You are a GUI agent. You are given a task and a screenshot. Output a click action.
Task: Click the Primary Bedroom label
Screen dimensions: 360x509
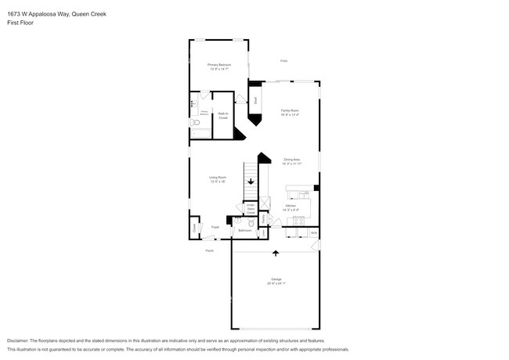tap(219, 65)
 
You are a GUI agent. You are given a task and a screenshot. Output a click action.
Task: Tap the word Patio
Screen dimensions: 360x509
tap(283, 60)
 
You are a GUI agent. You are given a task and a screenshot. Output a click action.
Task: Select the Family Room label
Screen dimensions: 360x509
tap(290, 111)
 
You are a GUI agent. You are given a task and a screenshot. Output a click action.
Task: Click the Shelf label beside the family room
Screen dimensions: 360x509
tap(256, 100)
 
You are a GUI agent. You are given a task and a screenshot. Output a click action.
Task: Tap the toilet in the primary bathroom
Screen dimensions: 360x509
tap(197, 122)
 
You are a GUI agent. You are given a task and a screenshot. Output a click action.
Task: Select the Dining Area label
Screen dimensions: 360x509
tap(291, 160)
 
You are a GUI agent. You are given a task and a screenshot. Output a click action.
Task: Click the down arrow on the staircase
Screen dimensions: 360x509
tap(251, 182)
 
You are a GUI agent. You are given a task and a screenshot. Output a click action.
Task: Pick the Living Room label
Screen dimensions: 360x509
tap(218, 178)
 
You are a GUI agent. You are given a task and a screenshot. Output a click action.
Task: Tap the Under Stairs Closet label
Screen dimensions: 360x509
tap(251, 208)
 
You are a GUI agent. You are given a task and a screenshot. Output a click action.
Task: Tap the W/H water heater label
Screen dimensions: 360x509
tap(313, 232)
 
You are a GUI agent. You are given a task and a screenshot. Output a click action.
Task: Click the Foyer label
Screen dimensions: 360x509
tap(215, 227)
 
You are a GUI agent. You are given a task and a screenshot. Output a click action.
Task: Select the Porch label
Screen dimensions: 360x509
tap(209, 250)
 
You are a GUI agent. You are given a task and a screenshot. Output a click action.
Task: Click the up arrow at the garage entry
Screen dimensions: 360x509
tap(275, 253)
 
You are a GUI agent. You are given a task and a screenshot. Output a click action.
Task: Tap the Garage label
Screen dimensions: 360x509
tap(276, 280)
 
